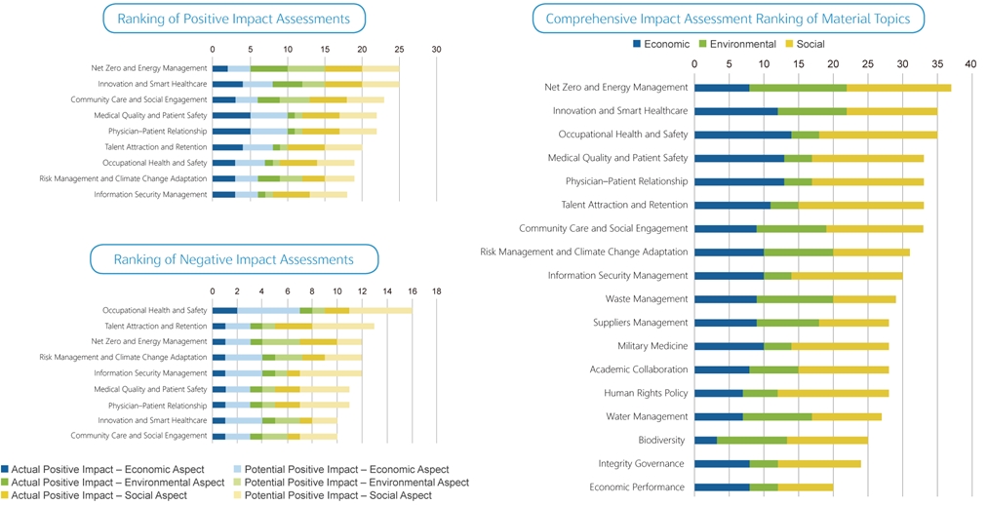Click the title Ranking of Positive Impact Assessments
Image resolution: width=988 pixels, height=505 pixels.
click(234, 19)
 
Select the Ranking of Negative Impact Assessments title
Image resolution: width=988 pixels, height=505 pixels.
click(234, 259)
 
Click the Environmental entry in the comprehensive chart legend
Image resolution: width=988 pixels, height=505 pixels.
click(742, 44)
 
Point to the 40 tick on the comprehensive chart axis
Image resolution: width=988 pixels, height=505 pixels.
click(970, 63)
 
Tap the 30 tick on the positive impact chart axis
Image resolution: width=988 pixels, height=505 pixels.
click(437, 49)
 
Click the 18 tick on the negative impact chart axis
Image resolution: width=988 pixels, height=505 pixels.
click(437, 291)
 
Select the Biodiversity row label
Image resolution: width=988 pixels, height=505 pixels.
click(662, 440)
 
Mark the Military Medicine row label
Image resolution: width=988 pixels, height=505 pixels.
click(652, 346)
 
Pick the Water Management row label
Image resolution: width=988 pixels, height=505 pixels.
click(648, 416)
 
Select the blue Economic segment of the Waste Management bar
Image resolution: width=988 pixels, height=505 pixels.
click(726, 299)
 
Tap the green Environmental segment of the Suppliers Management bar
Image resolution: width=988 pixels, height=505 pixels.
click(788, 323)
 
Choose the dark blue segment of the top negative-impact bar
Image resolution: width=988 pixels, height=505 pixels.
click(224, 310)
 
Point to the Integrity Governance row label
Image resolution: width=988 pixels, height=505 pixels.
click(643, 463)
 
